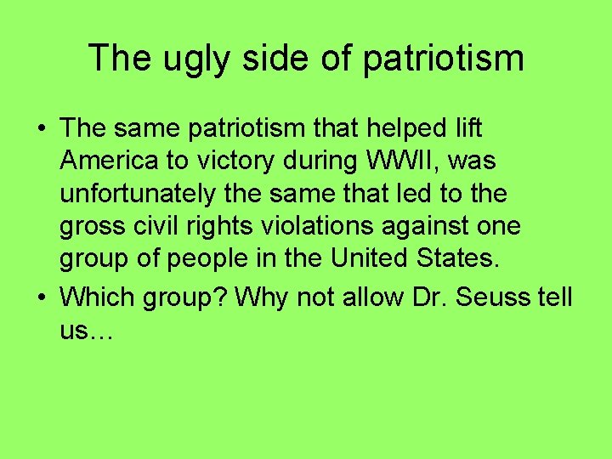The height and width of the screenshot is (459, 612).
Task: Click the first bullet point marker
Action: click(x=41, y=129)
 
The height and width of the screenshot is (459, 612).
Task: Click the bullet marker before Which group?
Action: click(x=41, y=298)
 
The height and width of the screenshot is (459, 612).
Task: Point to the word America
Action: click(x=109, y=161)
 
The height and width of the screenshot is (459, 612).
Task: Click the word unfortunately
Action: click(x=138, y=194)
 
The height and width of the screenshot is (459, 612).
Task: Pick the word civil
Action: click(x=157, y=227)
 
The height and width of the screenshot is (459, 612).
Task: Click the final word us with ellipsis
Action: click(x=87, y=331)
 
